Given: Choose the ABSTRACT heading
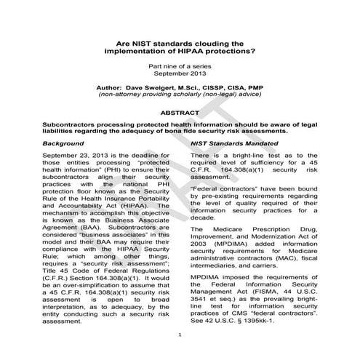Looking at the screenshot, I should pyautogui.click(x=180, y=114).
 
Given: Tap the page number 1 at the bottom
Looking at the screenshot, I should pyautogui.click(x=180, y=354).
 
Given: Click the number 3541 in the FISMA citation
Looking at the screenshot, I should pyautogui.click(x=201, y=305).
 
